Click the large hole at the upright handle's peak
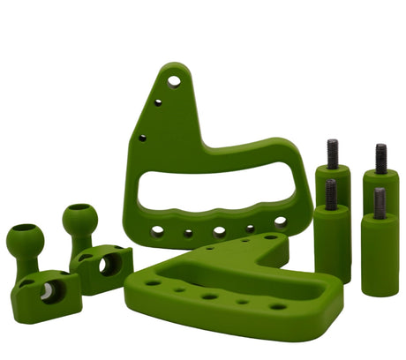coord(174,81)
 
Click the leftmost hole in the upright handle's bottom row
coord(157,231)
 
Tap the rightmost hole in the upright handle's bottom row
coord(280,222)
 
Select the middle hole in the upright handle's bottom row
coord(219,232)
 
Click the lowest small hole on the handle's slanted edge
coord(142,138)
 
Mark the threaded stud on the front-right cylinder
coord(380,203)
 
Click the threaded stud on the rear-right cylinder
coord(380,159)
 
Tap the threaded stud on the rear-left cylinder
coord(333,154)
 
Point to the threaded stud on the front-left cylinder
coord(331,194)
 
